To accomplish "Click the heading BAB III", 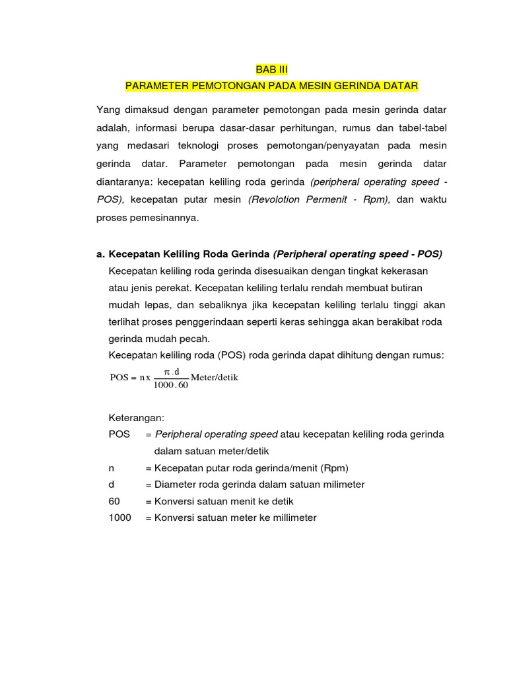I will click(x=271, y=69).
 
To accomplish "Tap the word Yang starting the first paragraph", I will click(x=109, y=109).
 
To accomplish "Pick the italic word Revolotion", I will click(x=273, y=199).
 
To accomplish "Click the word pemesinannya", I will click(x=163, y=217).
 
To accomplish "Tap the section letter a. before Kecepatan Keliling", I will click(x=100, y=253).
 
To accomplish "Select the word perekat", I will click(x=170, y=288).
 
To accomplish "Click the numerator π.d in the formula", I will click(x=171, y=372).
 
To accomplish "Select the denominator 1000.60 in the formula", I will click(x=171, y=386).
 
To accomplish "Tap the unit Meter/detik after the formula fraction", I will click(x=214, y=378).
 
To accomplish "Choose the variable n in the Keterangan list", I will click(x=111, y=467).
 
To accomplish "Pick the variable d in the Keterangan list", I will click(x=111, y=485).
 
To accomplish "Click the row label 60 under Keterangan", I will click(x=114, y=501).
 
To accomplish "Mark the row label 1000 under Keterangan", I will click(x=119, y=518).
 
